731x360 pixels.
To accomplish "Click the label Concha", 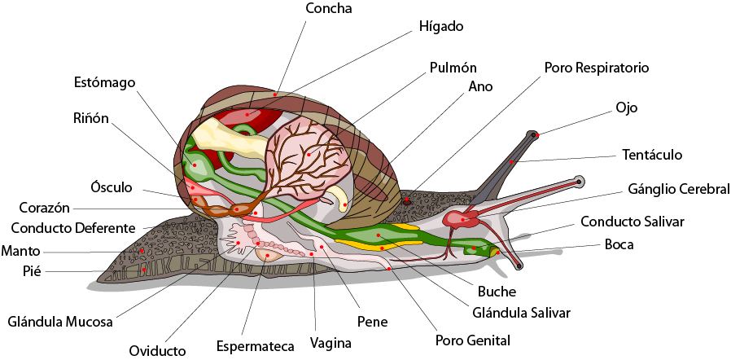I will (328, 8).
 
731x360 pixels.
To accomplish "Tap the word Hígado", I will (441, 27).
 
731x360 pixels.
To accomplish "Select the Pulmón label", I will (453, 68).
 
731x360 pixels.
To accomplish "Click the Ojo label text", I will (626, 108).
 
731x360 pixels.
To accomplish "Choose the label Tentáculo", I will (652, 154).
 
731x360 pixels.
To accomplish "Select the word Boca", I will (619, 244).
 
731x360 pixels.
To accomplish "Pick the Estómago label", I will (104, 83).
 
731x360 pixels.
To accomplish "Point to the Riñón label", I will (90, 118).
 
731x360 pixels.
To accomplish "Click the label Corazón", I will (45, 208).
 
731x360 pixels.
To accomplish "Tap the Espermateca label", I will (255, 346).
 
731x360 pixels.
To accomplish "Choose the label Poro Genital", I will (472, 339).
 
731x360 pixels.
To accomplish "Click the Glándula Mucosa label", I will (60, 321).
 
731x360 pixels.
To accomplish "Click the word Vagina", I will (330, 343).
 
